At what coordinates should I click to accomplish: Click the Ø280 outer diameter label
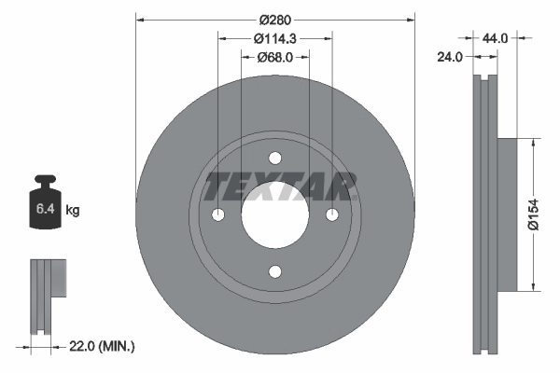coord(275,19)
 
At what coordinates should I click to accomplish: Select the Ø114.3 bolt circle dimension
coord(275,38)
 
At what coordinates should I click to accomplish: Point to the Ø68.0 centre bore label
coord(275,57)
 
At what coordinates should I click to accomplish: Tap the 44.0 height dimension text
coord(495,38)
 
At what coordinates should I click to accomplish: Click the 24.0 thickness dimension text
coord(451,57)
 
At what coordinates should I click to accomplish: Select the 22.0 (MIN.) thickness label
coord(100,347)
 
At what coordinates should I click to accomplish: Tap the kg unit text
coord(74,212)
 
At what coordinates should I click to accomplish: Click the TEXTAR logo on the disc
coord(279,186)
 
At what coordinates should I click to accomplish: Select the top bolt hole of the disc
coord(275,158)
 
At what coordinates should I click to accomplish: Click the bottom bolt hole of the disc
coord(275,271)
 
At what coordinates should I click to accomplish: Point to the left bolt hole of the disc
coord(218,214)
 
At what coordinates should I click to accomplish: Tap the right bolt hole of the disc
coord(332,214)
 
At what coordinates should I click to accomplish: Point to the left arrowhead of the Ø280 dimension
coord(141,19)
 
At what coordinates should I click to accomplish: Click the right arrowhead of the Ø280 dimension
coord(410,19)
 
